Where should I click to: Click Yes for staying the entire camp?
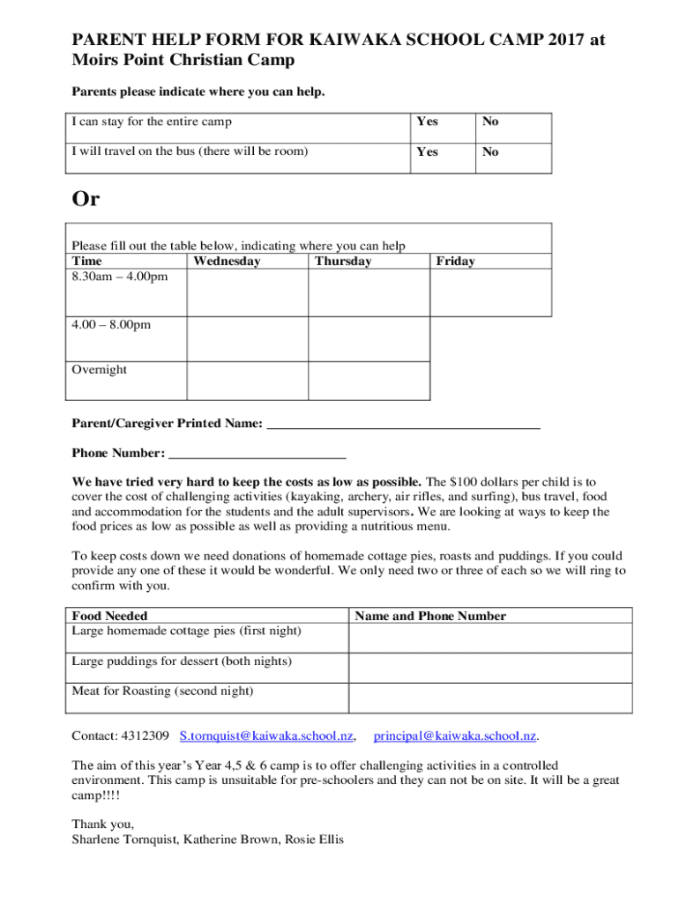point(427,122)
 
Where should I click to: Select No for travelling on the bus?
point(489,152)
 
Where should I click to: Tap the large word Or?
point(86,199)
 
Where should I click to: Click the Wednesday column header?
point(227,261)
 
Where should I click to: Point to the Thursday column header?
point(343,261)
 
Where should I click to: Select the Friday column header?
point(455,261)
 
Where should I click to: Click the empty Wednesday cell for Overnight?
point(247,380)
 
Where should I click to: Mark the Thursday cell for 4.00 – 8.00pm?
point(369,338)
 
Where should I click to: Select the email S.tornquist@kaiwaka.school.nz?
point(266,735)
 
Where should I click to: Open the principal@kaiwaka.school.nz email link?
point(455,735)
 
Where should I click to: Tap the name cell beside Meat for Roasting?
point(490,697)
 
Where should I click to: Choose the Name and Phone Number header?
point(430,616)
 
